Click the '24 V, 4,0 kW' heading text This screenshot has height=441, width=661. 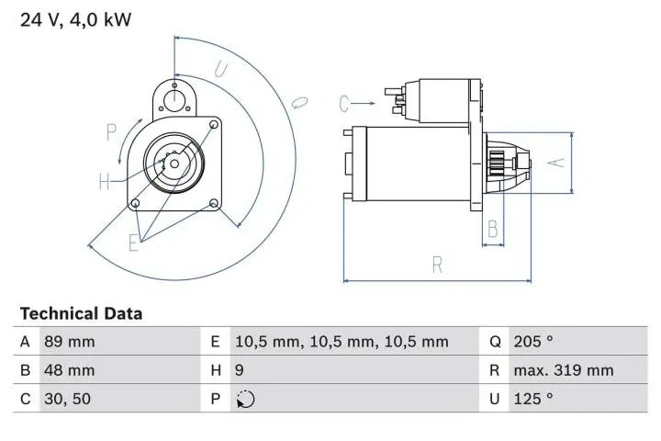click(x=76, y=18)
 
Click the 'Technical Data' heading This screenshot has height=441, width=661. click(x=81, y=313)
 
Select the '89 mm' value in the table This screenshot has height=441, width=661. click(x=68, y=342)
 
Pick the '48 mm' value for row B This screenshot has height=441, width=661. click(x=68, y=370)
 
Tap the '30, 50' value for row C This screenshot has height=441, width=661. click(x=66, y=399)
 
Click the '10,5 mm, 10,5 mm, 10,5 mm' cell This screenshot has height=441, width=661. click(x=342, y=342)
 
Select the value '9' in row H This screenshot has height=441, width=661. click(x=241, y=370)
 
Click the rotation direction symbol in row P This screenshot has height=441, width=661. click(x=245, y=400)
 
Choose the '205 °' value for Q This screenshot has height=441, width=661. click(x=533, y=342)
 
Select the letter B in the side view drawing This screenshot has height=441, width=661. click(x=493, y=227)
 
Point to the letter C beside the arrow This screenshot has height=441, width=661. click(x=343, y=102)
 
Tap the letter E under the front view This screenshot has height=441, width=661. click(x=134, y=243)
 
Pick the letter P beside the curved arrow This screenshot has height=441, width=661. click(x=112, y=132)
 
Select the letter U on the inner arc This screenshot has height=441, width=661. click(x=221, y=69)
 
